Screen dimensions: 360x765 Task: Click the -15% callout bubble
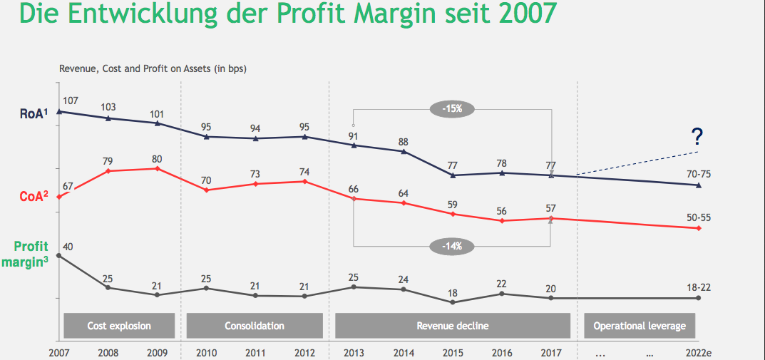[x=452, y=109]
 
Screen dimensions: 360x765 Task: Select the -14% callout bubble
[x=452, y=246]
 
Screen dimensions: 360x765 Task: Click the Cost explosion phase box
[x=119, y=326]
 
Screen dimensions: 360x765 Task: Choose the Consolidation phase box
[x=255, y=326]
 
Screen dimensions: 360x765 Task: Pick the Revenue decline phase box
[x=453, y=326]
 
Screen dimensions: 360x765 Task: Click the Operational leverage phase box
[x=640, y=326]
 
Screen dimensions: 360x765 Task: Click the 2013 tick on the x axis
[x=354, y=351]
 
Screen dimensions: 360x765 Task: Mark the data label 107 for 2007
[x=70, y=101]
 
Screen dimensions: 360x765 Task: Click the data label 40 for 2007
[x=68, y=247]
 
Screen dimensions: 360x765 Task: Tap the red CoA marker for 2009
[x=157, y=168]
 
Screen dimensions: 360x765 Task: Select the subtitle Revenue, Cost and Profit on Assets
[x=153, y=69]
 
